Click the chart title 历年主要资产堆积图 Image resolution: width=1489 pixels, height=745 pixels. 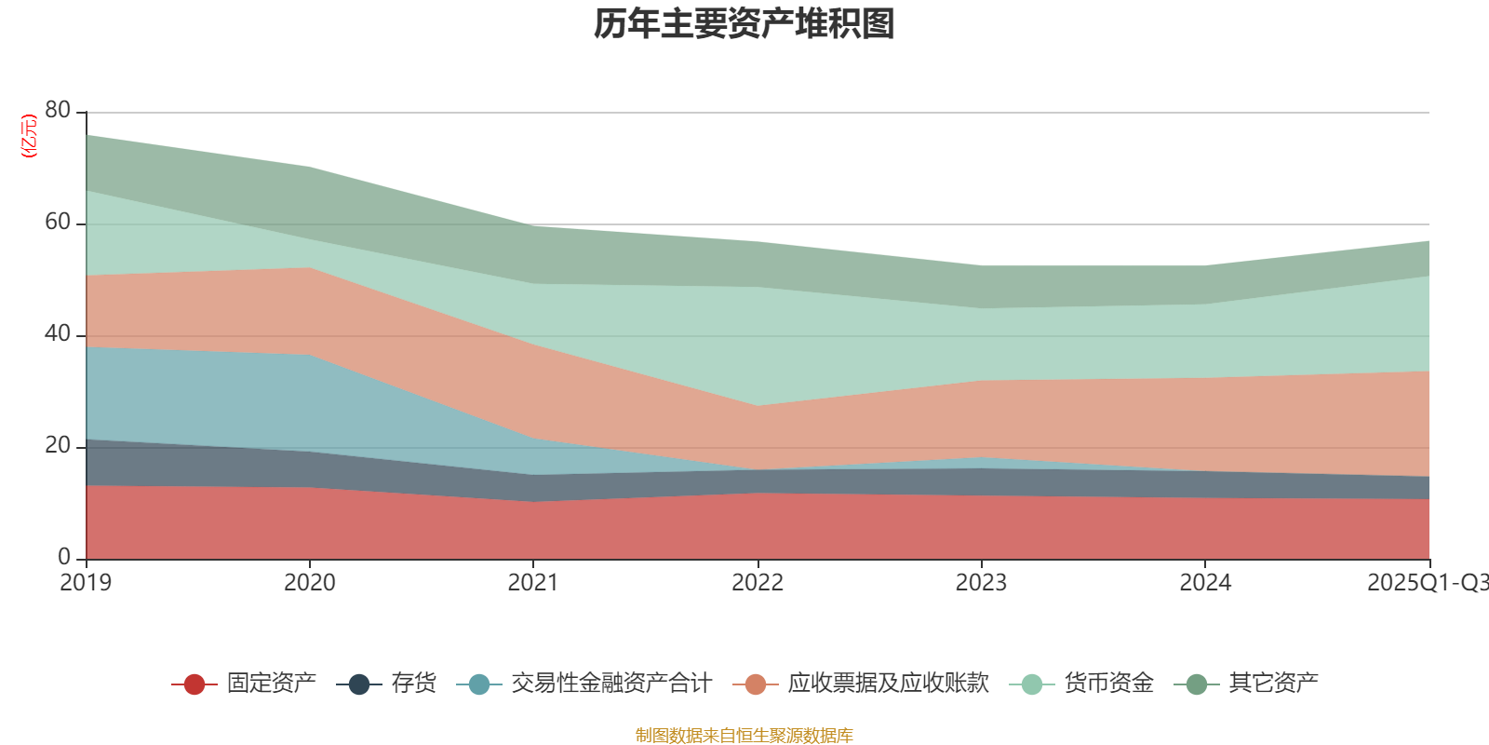click(x=744, y=24)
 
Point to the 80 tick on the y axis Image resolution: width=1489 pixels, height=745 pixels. click(x=58, y=111)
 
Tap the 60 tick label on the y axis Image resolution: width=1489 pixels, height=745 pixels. click(x=58, y=223)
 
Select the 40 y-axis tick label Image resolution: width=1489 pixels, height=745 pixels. click(x=58, y=334)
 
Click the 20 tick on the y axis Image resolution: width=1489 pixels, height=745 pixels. click(x=58, y=446)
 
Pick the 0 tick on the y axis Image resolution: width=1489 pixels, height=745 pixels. click(x=64, y=557)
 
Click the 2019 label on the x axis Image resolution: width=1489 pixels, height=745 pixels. click(x=86, y=583)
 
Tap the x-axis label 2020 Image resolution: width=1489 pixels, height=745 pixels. click(x=309, y=583)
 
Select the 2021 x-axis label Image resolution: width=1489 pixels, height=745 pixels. click(x=532, y=583)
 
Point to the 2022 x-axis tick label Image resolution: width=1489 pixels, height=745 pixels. click(x=757, y=583)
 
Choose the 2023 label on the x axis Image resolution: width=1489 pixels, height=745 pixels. click(x=981, y=583)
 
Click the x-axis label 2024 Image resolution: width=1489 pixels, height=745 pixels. click(x=1205, y=583)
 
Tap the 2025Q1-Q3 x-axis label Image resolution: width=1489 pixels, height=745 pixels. click(x=1426, y=583)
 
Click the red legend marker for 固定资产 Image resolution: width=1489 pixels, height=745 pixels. click(x=195, y=684)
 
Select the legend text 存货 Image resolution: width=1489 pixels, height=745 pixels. click(x=413, y=684)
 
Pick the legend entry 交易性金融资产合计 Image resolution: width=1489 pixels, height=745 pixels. click(x=610, y=684)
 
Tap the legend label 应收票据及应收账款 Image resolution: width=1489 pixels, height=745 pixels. click(x=888, y=684)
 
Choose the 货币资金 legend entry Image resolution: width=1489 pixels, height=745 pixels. click(x=1108, y=684)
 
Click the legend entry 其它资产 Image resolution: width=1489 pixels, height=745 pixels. click(x=1273, y=684)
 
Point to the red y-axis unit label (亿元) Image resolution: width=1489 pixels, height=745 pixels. click(x=29, y=136)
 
